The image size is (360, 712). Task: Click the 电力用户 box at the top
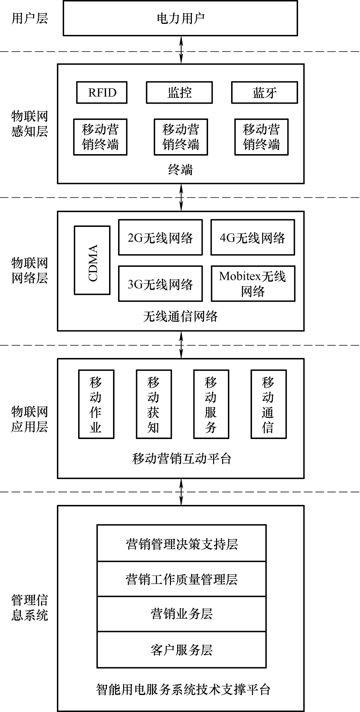(180, 18)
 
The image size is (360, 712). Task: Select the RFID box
(102, 93)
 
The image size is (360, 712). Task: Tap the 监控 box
(179, 93)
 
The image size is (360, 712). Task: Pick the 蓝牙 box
(264, 93)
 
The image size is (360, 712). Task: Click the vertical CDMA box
(92, 260)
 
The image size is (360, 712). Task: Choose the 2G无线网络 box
(161, 238)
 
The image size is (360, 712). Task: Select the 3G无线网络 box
(161, 284)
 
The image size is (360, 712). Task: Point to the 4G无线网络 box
(252, 238)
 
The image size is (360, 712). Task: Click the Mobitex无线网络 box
(253, 284)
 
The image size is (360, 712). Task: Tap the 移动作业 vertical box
(96, 404)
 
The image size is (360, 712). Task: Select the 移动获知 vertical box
(154, 404)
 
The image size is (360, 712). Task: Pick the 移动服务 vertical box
(211, 404)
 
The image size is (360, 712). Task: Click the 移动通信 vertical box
(269, 404)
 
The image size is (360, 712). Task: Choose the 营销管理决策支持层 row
(182, 543)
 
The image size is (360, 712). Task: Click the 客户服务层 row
(182, 649)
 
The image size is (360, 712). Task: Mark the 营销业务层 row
(182, 613)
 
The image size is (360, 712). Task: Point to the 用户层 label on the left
(30, 18)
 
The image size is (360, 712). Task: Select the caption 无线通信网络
(180, 316)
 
